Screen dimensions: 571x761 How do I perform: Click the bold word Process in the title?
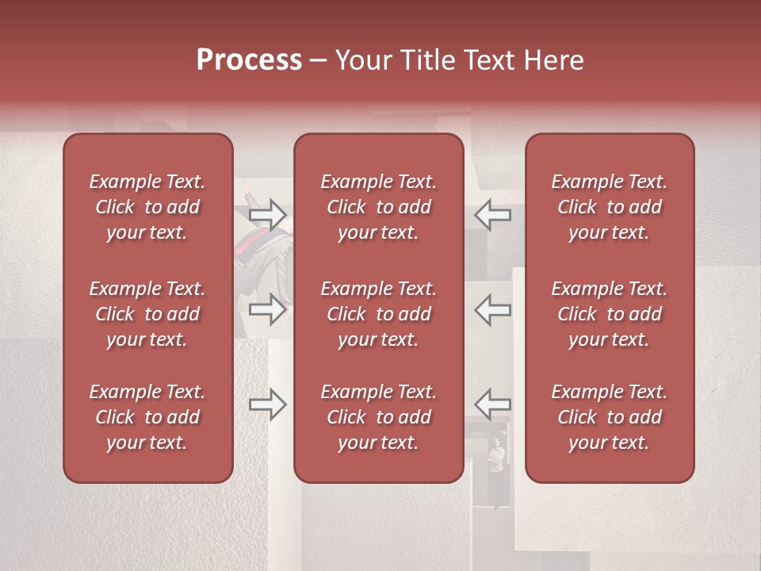pos(249,60)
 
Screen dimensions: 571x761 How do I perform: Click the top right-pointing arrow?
pos(267,214)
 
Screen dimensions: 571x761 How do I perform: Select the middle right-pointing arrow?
pos(267,309)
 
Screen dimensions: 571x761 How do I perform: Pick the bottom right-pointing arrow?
pos(267,405)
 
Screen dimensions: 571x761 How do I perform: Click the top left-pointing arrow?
pos(492,214)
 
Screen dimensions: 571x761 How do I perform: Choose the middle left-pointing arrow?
pos(492,309)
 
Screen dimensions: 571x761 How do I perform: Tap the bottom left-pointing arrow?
pos(492,405)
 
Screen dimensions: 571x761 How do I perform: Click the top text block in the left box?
pos(147,207)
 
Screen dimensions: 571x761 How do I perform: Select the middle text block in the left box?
pos(147,314)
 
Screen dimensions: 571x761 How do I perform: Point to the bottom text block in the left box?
pos(147,417)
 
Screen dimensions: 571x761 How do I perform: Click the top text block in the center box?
pos(379,207)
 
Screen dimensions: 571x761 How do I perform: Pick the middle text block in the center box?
pos(379,314)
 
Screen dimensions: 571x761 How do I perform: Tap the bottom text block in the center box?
pos(379,417)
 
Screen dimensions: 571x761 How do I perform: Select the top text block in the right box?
pos(610,207)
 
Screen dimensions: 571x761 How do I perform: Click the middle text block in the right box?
pos(610,314)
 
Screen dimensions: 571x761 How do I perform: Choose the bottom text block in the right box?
pos(610,417)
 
